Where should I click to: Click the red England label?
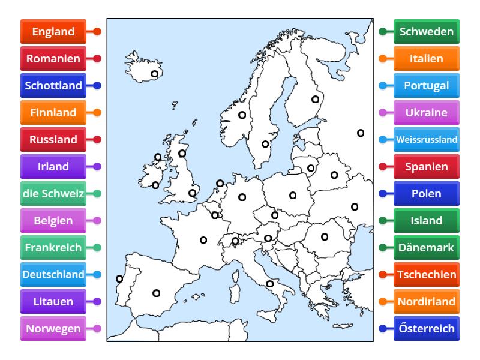coord(53,32)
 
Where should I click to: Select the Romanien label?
coord(53,59)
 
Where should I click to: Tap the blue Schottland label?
coord(53,86)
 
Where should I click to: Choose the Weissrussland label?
coord(427,140)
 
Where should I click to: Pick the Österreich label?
coord(427,329)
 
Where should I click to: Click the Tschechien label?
coord(427,275)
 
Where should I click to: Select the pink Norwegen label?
coord(53,329)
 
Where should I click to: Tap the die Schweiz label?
coord(53,194)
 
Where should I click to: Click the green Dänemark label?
coord(427,248)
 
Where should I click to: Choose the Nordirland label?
coord(427,302)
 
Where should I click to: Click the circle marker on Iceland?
coord(155,74)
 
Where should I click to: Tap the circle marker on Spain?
coord(157,293)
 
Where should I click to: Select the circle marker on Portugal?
coord(119,278)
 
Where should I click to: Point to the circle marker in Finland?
coord(315,100)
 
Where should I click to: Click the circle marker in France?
coord(203,240)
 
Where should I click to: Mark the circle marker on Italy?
coord(269,284)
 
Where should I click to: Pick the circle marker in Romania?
coord(325,236)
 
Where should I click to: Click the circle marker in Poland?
coord(293,195)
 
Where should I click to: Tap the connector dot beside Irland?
coord(97,167)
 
